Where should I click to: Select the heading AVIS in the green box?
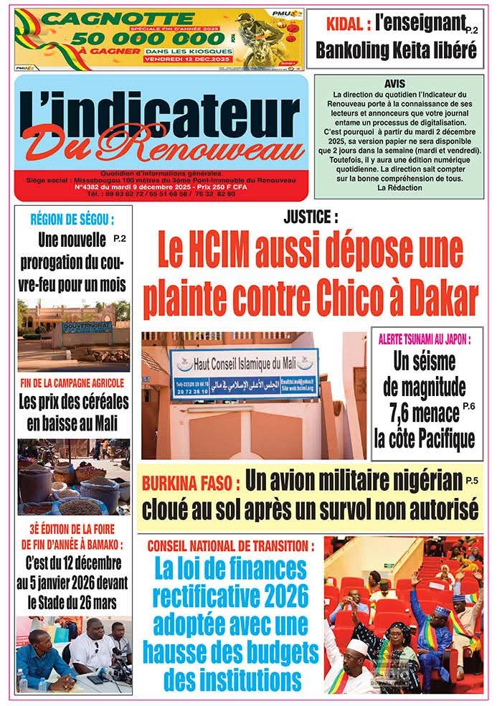pos(394,84)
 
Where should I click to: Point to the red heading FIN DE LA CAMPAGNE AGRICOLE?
pos(73,382)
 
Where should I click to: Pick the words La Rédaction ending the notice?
pos(394,187)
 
